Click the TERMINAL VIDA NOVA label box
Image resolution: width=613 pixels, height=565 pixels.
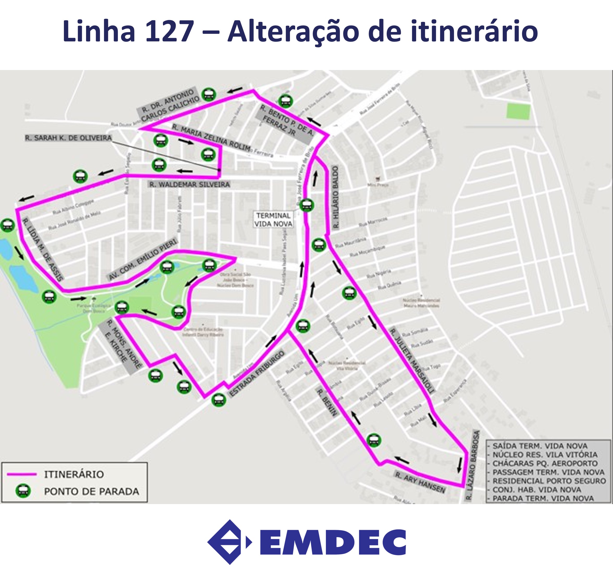tap(273, 219)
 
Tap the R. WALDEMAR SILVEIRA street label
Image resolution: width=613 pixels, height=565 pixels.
tap(190, 185)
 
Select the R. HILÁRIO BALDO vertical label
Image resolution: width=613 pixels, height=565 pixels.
tap(336, 197)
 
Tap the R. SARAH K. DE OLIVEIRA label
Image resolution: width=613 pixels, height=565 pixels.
tap(68, 138)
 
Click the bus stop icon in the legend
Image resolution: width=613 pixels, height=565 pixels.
tap(23, 491)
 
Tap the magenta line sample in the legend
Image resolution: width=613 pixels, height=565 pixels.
tap(22, 474)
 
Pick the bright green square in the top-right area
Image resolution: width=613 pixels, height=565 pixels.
tap(518, 111)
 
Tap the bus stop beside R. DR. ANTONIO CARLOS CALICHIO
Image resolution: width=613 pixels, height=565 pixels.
tap(209, 95)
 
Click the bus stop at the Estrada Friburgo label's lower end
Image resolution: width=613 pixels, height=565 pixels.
tap(219, 400)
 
